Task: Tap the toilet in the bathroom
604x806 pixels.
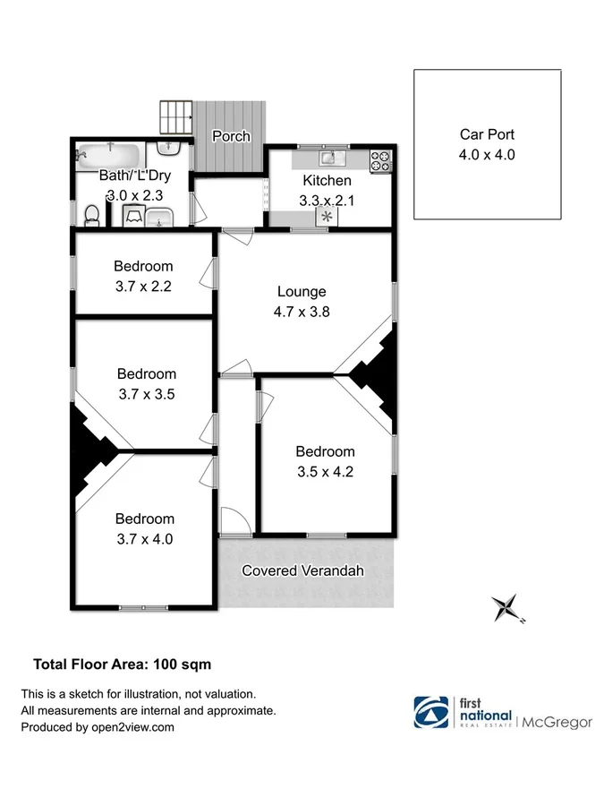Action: point(90,215)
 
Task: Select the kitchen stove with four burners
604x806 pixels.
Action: point(381,159)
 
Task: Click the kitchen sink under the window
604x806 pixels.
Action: point(328,158)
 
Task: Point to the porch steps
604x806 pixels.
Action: point(176,117)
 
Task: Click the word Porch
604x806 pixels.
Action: point(230,136)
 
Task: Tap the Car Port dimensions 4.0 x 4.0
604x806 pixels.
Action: point(487,154)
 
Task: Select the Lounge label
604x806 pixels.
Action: point(302,291)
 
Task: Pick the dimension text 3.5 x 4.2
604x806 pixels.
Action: point(325,471)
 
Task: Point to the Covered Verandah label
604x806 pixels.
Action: point(303,570)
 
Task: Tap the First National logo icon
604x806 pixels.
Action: point(433,712)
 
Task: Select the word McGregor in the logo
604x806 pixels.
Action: point(557,722)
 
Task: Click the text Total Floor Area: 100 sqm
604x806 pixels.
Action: point(122,665)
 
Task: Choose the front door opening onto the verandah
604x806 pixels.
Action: point(230,521)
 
